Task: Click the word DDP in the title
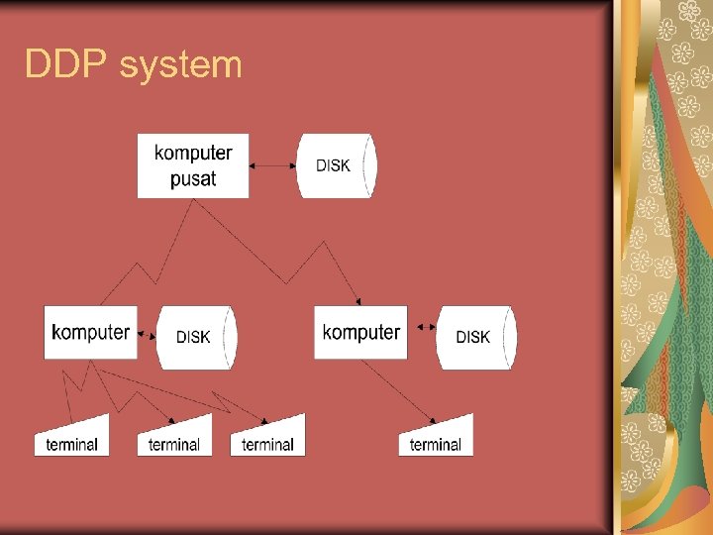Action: tap(66, 65)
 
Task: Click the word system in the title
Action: tap(179, 66)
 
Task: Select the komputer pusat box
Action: tap(193, 165)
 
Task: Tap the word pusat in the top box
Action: tap(193, 180)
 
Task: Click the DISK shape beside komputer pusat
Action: tap(336, 165)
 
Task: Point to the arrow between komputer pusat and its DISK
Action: tap(273, 165)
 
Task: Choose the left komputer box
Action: tap(90, 332)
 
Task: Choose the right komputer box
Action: tap(360, 332)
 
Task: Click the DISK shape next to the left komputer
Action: tap(196, 337)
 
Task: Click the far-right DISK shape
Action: tap(475, 337)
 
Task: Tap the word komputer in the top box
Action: tap(193, 153)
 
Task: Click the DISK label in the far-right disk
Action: tap(472, 337)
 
